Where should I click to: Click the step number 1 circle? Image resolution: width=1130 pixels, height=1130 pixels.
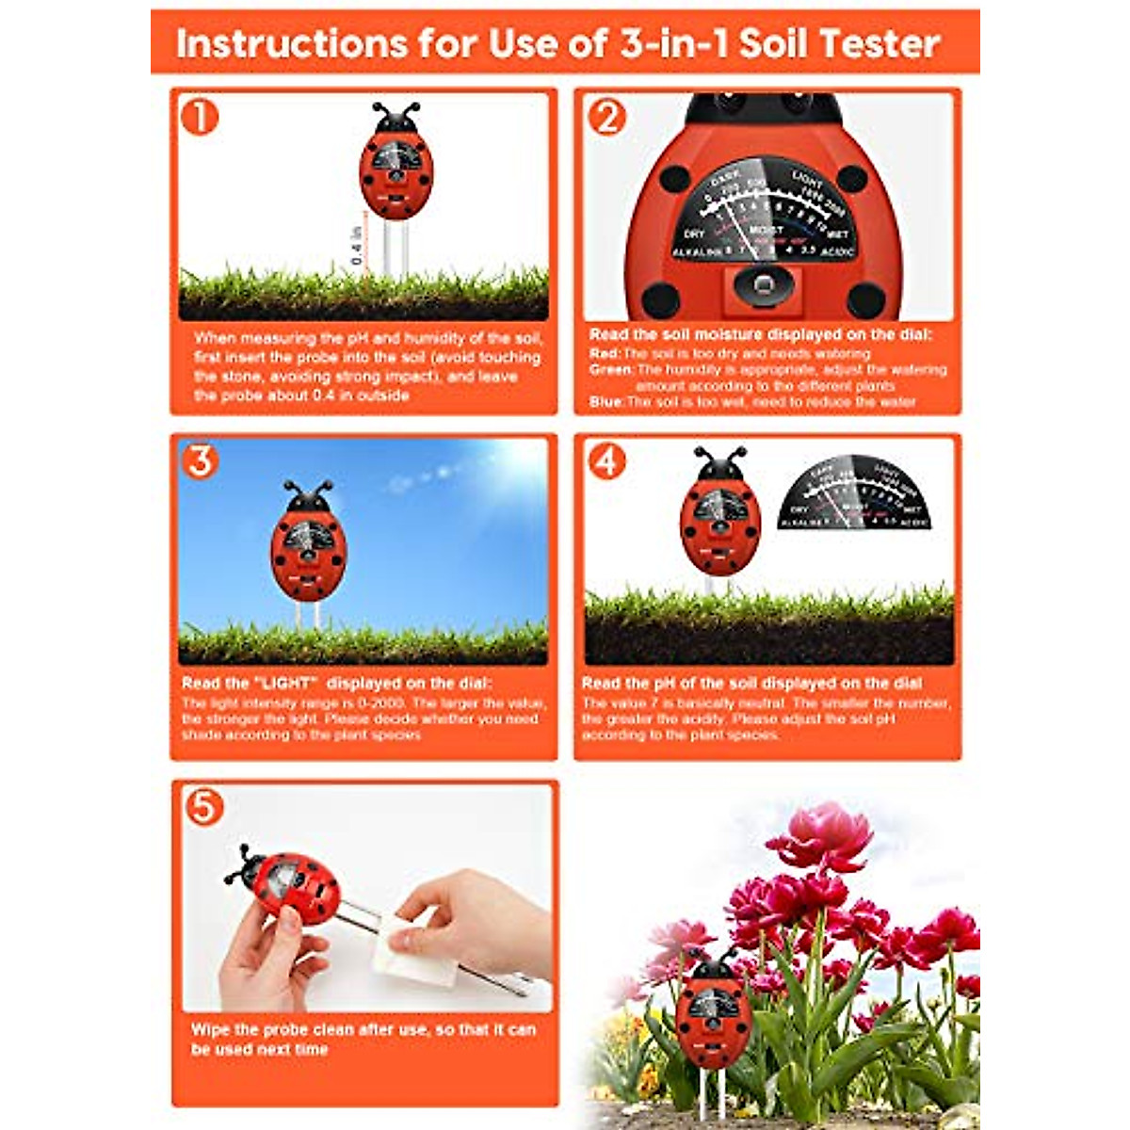pyautogui.click(x=200, y=117)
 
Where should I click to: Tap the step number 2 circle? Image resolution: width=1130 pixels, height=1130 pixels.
pyautogui.click(x=606, y=117)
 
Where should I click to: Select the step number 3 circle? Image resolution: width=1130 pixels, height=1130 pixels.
pyautogui.click(x=201, y=461)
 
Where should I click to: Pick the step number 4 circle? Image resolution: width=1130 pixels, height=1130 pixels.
pyautogui.click(x=606, y=461)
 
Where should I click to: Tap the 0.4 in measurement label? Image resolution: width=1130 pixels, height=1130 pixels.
pyautogui.click(x=357, y=245)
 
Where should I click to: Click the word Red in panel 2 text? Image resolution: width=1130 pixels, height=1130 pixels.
pyautogui.click(x=604, y=353)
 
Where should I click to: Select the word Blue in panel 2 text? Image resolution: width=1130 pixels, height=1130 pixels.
pyautogui.click(x=605, y=402)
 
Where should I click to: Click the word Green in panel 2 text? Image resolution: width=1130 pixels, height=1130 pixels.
pyautogui.click(x=611, y=369)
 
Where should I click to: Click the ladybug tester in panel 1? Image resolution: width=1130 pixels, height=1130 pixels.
pyautogui.click(x=395, y=165)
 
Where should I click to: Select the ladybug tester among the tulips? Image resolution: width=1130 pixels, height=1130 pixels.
pyautogui.click(x=713, y=1008)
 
